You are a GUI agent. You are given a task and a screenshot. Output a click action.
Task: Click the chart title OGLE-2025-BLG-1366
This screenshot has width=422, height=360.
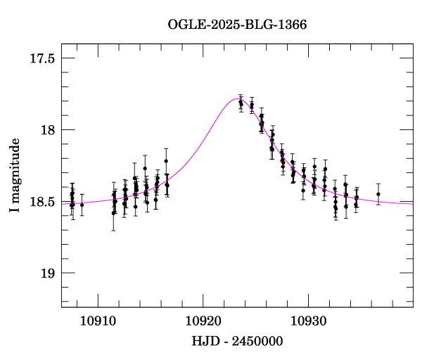[237, 25]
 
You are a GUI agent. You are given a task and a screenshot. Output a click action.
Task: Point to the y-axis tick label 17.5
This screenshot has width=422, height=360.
[43, 58]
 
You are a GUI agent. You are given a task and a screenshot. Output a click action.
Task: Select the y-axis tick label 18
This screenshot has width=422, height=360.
[48, 130]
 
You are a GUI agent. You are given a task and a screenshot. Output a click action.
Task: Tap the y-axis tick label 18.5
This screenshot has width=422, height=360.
[43, 202]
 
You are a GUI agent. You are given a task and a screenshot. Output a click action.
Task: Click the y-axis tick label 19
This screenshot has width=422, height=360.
[48, 273]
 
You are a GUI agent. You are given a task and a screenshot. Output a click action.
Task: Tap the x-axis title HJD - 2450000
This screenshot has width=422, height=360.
[237, 341]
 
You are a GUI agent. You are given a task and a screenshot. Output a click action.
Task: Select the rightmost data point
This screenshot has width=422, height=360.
[378, 194]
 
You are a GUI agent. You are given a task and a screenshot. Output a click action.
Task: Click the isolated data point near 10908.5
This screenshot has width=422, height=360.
[82, 205]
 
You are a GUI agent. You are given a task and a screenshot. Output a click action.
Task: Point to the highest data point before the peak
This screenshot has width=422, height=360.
[166, 161]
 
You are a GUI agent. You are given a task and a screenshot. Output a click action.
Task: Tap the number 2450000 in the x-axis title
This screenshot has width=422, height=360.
[258, 341]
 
